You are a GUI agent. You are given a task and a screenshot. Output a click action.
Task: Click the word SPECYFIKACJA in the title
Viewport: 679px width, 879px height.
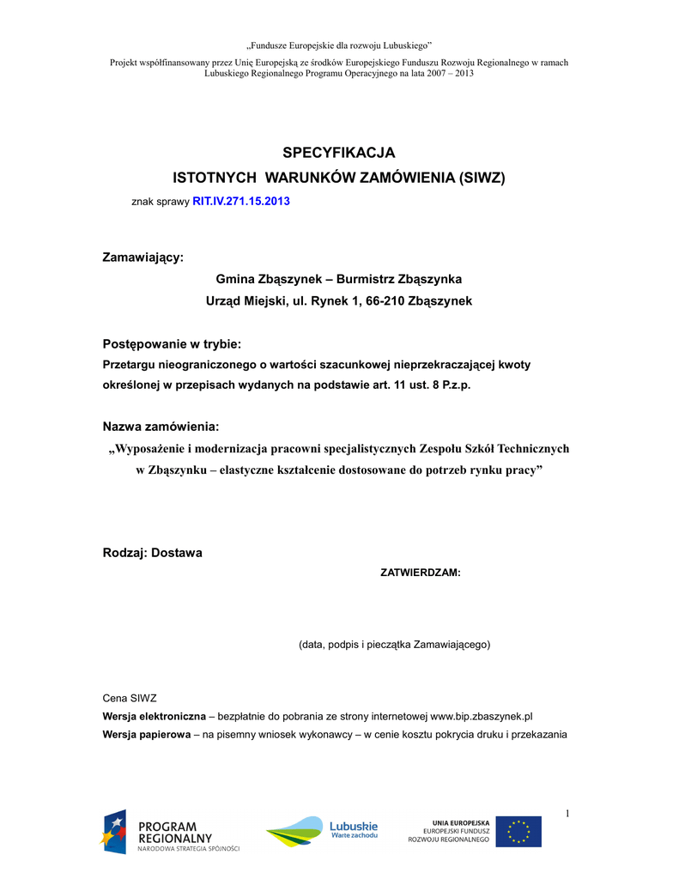click(x=339, y=153)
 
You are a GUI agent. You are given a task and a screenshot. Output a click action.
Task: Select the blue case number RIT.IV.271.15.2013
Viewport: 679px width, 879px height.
click(x=241, y=201)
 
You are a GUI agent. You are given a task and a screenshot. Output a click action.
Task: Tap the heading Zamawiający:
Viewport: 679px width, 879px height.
click(x=142, y=257)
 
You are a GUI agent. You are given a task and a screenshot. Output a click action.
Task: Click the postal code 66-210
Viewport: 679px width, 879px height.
click(x=385, y=301)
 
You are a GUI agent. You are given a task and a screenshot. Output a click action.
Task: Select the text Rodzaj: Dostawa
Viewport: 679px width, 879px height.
click(x=153, y=553)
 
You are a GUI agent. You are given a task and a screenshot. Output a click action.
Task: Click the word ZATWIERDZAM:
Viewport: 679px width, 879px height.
click(x=421, y=573)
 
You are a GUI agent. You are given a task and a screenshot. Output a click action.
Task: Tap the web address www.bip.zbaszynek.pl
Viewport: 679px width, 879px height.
click(x=482, y=716)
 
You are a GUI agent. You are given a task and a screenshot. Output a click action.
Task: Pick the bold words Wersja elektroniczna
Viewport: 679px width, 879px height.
click(x=154, y=716)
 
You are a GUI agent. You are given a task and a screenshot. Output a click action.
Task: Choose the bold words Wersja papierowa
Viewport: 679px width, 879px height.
click(x=146, y=734)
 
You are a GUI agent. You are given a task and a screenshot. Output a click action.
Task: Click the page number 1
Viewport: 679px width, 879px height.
click(x=567, y=813)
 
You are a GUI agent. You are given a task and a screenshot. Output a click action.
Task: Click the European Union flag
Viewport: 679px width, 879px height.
click(x=518, y=832)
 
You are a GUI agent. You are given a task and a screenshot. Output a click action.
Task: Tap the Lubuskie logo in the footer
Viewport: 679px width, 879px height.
click(x=322, y=830)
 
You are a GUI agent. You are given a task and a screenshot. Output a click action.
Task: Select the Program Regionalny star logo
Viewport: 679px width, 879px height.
click(x=114, y=830)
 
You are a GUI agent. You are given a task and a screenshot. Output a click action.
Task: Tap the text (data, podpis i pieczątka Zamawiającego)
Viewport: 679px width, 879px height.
click(x=394, y=644)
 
